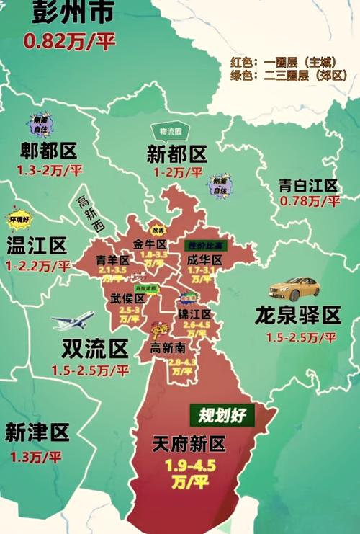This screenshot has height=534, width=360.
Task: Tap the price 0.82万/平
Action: (69, 41)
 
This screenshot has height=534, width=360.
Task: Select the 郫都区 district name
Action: (48, 151)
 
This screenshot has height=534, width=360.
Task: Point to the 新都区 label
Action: (176, 153)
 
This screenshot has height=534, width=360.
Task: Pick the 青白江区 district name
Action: (308, 185)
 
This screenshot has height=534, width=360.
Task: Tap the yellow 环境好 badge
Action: (19, 219)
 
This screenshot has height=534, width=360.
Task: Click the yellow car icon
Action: (294, 288)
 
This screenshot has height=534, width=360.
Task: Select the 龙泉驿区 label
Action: (297, 315)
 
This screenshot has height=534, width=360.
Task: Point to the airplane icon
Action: (72, 321)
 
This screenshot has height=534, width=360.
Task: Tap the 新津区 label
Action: (37, 432)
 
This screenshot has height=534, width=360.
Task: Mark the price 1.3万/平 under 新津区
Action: (36, 456)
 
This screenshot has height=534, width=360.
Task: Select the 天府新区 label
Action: (189, 444)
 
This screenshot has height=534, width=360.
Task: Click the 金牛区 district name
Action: (150, 244)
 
